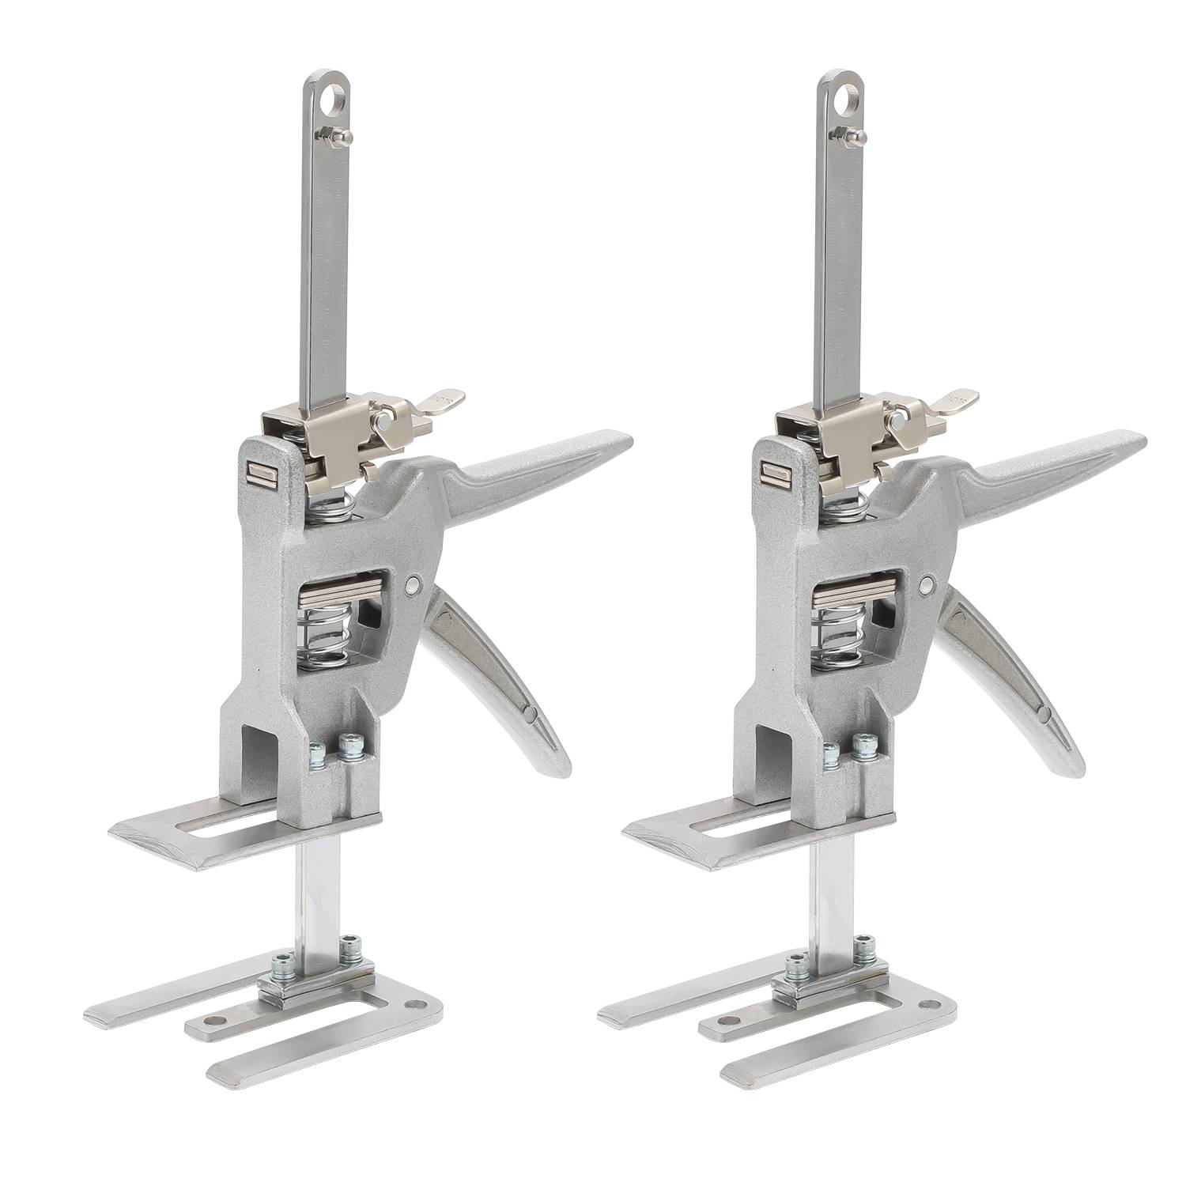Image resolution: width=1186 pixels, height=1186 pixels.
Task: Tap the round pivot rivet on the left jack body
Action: (x=412, y=585)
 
